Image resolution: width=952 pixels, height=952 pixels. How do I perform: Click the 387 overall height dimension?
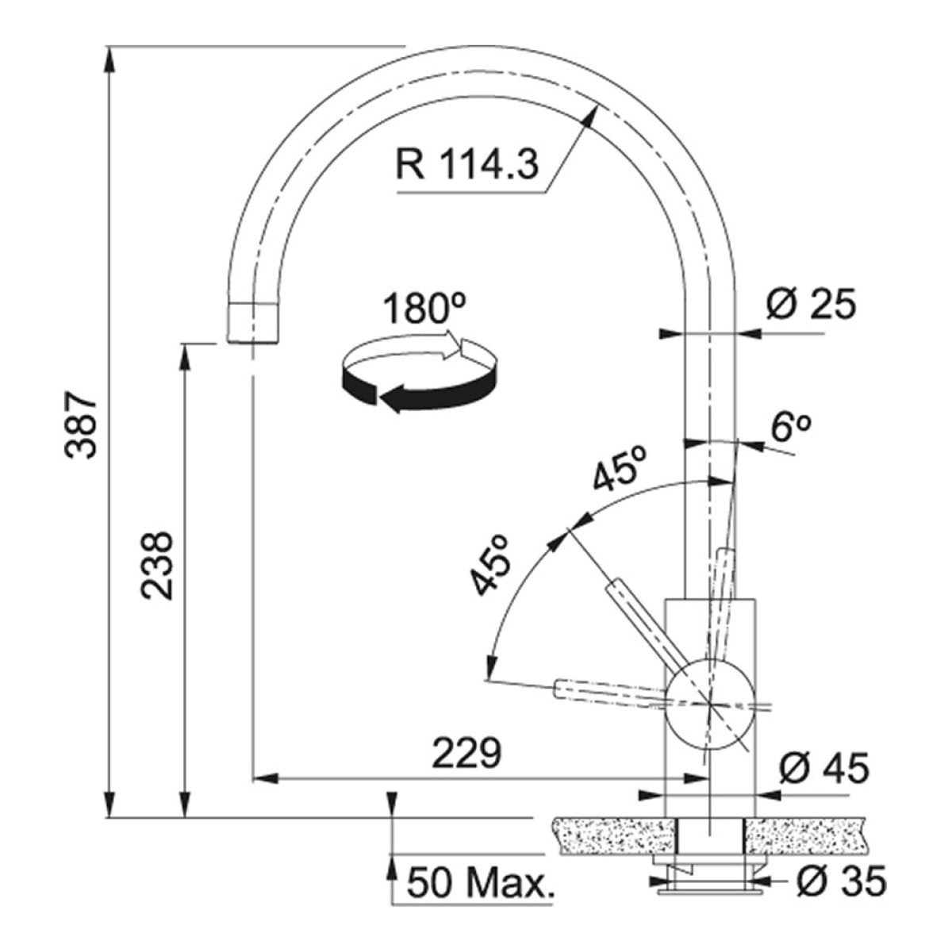tap(82, 425)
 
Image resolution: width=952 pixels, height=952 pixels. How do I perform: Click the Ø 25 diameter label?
tap(811, 304)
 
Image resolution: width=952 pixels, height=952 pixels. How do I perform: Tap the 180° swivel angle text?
tap(424, 309)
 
